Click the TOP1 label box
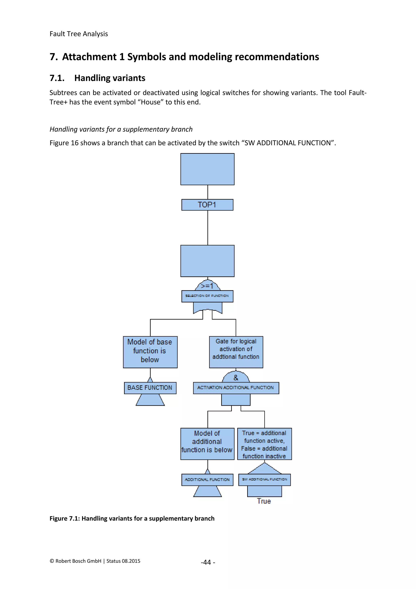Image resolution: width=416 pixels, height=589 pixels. [x=207, y=205]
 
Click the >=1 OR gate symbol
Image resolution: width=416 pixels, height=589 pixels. [x=207, y=286]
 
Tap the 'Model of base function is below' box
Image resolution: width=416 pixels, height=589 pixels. [x=150, y=352]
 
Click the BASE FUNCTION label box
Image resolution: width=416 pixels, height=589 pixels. [x=150, y=388]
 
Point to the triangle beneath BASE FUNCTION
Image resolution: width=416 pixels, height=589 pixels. [x=150, y=400]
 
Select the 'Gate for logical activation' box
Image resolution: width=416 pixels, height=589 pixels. [x=236, y=352]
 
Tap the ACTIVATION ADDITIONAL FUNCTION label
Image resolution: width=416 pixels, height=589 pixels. [x=236, y=388]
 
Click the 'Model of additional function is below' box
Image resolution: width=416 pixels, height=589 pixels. [x=207, y=444]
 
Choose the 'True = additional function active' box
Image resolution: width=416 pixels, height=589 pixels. [x=264, y=444]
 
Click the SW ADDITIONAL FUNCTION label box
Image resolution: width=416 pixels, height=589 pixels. [x=264, y=479]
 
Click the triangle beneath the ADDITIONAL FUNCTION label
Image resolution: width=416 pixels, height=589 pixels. [x=207, y=492]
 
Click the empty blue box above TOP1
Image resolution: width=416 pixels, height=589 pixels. [x=207, y=169]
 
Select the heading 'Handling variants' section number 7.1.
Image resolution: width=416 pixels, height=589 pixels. [x=57, y=78]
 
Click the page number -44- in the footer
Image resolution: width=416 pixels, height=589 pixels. [x=208, y=562]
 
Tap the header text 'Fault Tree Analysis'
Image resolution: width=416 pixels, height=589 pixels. [x=79, y=34]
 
